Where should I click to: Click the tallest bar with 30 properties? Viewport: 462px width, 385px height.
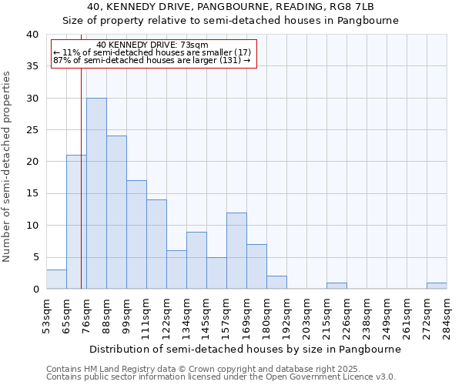coord(96,193)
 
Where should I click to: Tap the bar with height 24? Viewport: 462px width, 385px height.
coord(116,213)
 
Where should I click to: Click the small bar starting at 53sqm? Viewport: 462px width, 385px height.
coord(56,280)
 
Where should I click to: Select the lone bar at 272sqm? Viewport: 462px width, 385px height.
coord(437,286)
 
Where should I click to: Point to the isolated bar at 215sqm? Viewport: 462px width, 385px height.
coord(336,286)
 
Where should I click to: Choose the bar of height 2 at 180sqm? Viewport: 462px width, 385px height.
coord(276,283)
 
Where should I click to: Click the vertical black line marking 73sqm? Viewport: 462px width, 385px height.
coord(81,192)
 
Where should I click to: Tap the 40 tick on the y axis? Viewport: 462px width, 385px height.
coord(32,35)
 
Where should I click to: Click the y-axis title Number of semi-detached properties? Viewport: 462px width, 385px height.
coord(8,166)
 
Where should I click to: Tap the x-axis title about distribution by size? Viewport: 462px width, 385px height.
coord(244,349)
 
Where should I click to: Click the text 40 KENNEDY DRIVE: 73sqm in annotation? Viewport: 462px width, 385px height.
coord(152,45)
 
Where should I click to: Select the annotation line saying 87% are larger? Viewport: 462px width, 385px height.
coord(152,60)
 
